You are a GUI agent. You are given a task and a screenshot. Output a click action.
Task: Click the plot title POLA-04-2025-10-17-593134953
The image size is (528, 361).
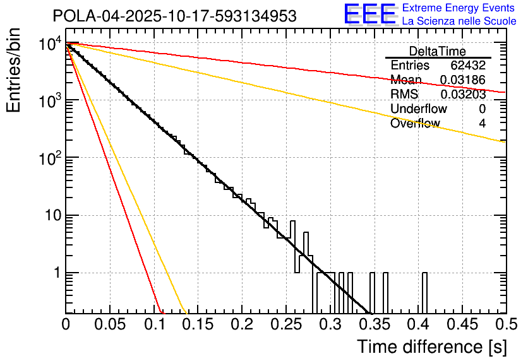pos(175,16)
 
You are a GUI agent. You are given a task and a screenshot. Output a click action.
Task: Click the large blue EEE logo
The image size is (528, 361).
pos(369,15)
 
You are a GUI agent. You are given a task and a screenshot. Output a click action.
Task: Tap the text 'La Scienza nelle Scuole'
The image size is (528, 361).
pos(459,21)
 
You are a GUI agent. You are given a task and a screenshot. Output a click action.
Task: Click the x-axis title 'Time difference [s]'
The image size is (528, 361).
pos(431,346)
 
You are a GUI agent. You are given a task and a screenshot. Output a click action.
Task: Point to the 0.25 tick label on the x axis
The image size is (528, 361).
pos(285,325)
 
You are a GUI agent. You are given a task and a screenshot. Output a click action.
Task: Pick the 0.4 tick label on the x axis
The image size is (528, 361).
pos(417,325)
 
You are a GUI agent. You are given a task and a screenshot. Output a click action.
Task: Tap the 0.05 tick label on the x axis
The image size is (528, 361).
pos(110,325)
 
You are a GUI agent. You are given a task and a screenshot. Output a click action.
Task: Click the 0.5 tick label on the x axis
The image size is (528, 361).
pos(505,325)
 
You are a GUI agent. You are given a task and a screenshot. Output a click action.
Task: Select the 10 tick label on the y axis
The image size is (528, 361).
pos(51,215)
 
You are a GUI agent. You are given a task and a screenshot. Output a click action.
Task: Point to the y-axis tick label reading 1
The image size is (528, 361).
pos(56,273)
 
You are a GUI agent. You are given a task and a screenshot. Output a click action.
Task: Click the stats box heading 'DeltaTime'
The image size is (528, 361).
pos(438,51)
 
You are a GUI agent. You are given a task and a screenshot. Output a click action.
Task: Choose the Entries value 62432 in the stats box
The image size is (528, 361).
pos(468,66)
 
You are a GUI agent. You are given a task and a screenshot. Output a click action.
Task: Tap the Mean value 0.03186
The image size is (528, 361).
pos(463,80)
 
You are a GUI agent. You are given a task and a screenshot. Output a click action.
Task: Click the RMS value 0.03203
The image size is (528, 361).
pos(463,95)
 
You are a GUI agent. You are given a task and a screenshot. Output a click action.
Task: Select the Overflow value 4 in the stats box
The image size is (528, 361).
pos(482,124)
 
